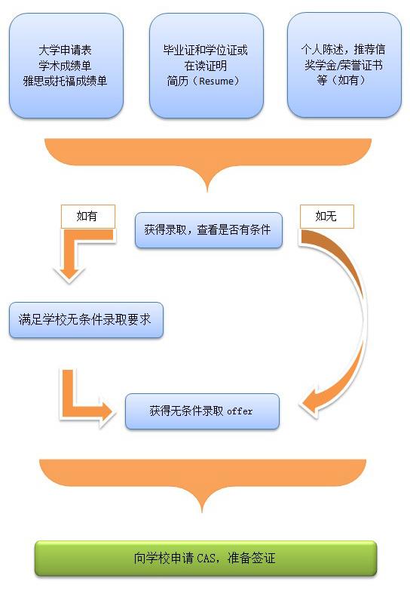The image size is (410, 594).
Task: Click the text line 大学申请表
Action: coord(65,51)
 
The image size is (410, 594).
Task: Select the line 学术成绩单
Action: coord(65,66)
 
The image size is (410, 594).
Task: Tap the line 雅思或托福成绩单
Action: coord(65,81)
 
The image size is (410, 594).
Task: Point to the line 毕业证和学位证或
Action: coord(206,50)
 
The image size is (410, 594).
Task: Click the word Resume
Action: coord(216,81)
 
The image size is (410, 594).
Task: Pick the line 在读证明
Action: coord(206,66)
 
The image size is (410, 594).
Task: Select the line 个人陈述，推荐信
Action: coord(343,49)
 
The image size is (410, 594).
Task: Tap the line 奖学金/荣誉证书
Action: coord(343,65)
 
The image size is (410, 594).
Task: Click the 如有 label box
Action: coord(87,217)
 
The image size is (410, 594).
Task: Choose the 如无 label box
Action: coord(327,217)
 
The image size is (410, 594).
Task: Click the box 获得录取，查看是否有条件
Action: coord(209,230)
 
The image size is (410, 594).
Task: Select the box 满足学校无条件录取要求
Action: coord(86,320)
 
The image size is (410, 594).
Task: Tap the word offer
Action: coord(240,411)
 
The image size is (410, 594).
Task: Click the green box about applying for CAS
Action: coord(206,559)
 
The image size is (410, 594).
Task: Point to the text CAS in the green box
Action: coord(207,559)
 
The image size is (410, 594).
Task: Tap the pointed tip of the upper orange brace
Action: coord(207,191)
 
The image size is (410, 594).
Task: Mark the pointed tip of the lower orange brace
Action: coord(202,512)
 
